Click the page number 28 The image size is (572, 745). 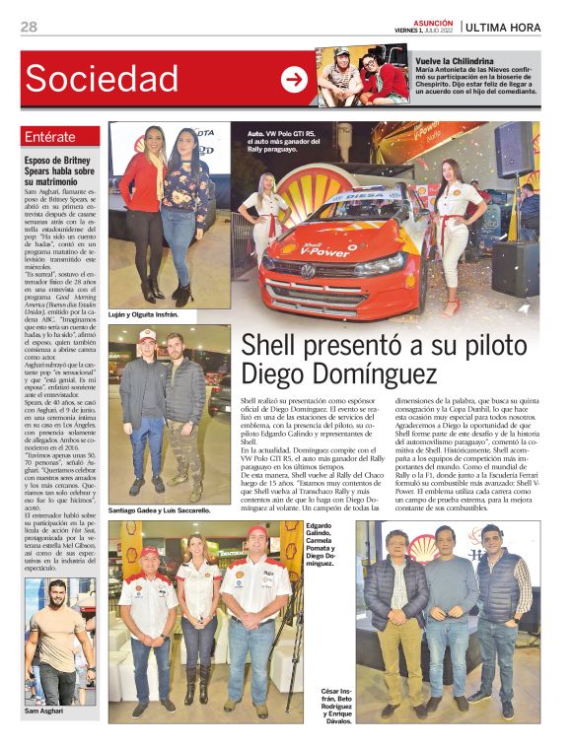tap(28, 27)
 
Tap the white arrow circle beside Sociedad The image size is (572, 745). tap(294, 80)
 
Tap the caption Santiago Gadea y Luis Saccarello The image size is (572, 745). tap(160, 510)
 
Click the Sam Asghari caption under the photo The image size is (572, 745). tap(45, 711)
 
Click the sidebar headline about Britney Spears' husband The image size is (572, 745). tap(60, 170)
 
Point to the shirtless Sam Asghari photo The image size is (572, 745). tap(61, 640)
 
